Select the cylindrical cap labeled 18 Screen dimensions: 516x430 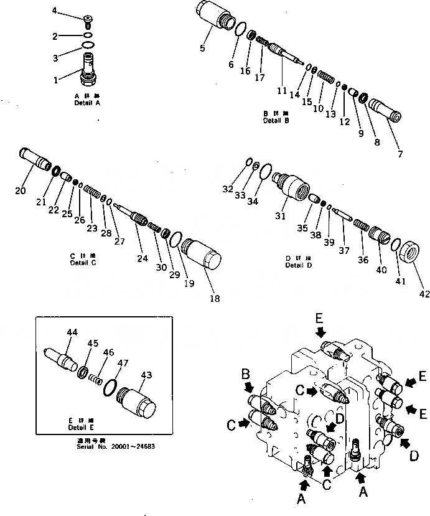[x=203, y=258]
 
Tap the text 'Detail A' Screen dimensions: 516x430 [x=87, y=103]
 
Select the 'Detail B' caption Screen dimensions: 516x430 [x=276, y=121]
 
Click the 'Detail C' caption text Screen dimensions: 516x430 [x=84, y=263]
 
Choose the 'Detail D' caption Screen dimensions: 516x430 [x=299, y=266]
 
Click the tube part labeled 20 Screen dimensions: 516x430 [x=35, y=159]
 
